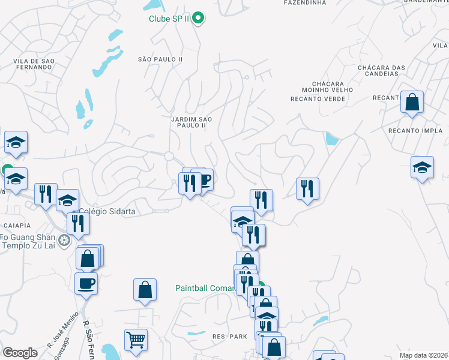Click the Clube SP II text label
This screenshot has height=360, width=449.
pyautogui.click(x=170, y=18)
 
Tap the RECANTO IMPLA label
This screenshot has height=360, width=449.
pyautogui.click(x=415, y=130)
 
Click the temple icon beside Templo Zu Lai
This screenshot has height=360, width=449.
pyautogui.click(x=65, y=241)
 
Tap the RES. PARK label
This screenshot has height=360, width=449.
pyautogui.click(x=230, y=337)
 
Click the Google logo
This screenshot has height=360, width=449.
pyautogui.click(x=20, y=353)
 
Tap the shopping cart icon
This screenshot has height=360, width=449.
pyautogui.click(x=136, y=340)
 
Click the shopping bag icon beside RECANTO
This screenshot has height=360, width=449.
pyautogui.click(x=412, y=103)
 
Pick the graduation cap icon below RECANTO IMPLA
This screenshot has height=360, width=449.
pyautogui.click(x=422, y=168)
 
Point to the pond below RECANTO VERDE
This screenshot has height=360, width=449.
pyautogui.click(x=331, y=139)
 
